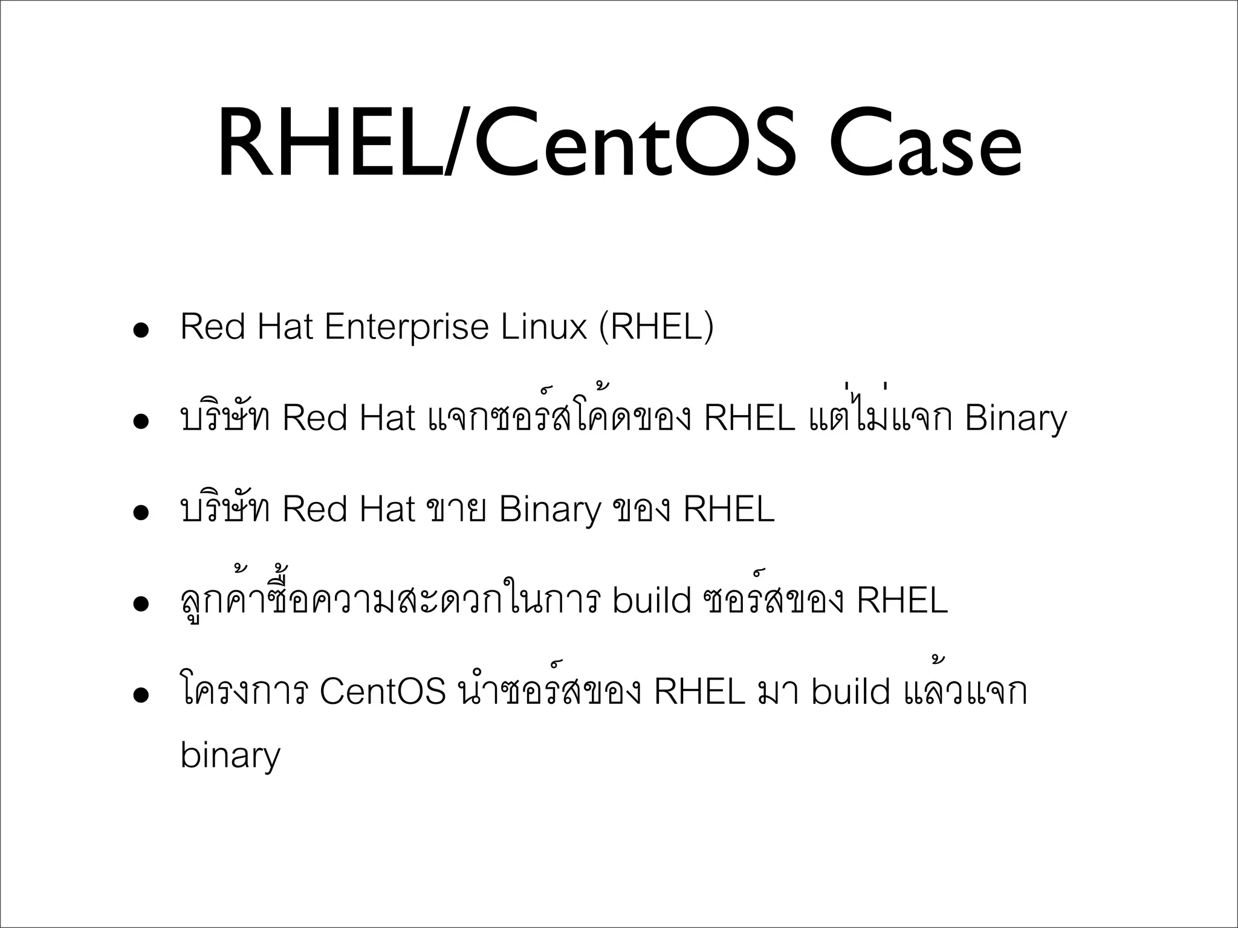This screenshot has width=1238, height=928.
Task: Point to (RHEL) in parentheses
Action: [656, 327]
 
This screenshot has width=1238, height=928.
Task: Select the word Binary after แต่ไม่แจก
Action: [1016, 419]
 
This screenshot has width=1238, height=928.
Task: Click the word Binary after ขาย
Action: [550, 511]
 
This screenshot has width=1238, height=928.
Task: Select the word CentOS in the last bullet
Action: [383, 691]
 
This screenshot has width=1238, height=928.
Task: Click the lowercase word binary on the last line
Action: [230, 756]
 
